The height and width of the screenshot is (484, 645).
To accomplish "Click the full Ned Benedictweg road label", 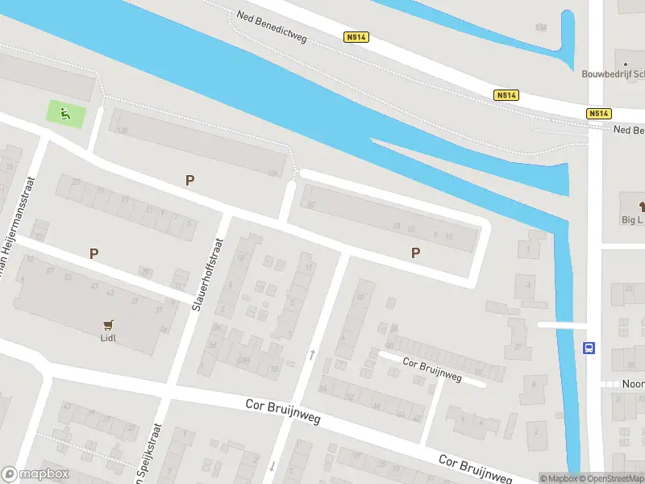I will tap(273, 27).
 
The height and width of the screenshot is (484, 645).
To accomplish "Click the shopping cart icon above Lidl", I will tap(108, 324).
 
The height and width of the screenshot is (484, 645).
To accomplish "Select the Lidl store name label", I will tap(108, 337).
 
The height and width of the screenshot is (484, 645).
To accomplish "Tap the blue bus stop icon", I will tap(590, 348).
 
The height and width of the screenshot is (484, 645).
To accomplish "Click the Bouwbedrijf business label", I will tap(613, 73).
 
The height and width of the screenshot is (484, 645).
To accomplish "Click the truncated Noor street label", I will tap(633, 384).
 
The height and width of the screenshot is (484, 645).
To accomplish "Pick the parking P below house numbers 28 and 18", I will tap(416, 252).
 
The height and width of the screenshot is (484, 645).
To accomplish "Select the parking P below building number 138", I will tap(189, 181).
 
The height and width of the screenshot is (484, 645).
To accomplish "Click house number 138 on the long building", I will tap(123, 130).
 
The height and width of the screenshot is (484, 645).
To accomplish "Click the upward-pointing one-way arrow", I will tap(312, 354).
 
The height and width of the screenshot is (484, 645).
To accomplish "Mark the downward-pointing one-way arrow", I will tap(273, 465).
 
